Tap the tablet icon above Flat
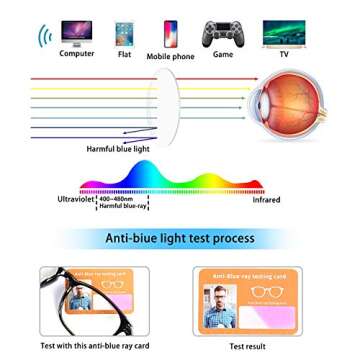124,33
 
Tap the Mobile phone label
170,56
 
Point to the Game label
222,54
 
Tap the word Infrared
266,200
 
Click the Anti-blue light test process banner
180,239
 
